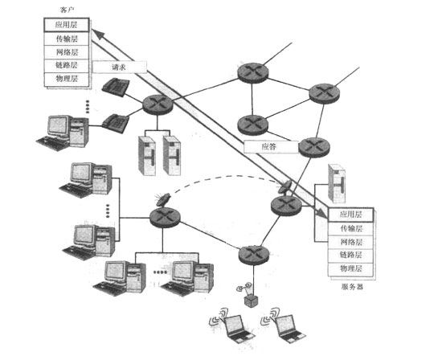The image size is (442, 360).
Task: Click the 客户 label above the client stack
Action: point(67,10)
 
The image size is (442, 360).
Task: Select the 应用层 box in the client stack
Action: point(67,25)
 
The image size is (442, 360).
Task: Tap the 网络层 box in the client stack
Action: point(67,52)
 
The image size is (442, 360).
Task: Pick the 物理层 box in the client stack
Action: point(67,80)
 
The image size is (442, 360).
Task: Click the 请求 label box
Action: point(120,67)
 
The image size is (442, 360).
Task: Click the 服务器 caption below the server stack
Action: point(352,287)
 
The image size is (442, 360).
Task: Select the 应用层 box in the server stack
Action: point(350,215)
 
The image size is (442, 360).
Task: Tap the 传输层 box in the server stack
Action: point(350,228)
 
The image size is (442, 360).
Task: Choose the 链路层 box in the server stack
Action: point(350,256)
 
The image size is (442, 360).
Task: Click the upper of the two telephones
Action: point(116,87)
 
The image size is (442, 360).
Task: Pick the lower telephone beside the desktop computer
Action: point(116,123)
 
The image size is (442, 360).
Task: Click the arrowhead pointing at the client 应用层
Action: point(98,34)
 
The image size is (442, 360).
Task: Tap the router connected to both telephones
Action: point(158,104)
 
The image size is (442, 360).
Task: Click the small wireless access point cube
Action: point(251,301)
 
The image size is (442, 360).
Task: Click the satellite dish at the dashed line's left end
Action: point(163,200)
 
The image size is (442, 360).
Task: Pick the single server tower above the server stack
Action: point(337,183)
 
